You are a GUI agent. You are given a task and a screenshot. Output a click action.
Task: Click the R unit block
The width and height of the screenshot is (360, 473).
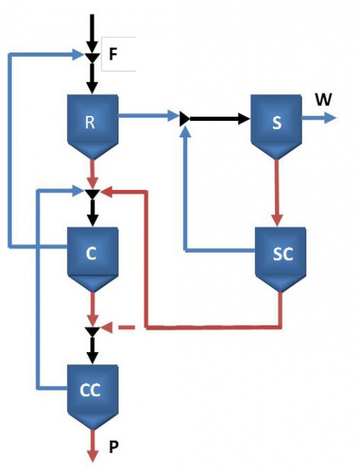coord(91,122)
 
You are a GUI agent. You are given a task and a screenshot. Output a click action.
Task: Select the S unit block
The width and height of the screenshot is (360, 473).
coord(276,122)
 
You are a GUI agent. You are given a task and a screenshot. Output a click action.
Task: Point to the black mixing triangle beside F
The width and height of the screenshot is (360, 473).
coord(91,57)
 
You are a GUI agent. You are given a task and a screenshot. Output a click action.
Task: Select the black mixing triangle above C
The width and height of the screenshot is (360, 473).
coord(91,193)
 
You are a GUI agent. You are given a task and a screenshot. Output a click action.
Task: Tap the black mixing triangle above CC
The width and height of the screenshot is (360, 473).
coord(91,330)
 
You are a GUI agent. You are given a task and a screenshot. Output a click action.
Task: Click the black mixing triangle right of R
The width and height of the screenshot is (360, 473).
coord(184,117)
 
